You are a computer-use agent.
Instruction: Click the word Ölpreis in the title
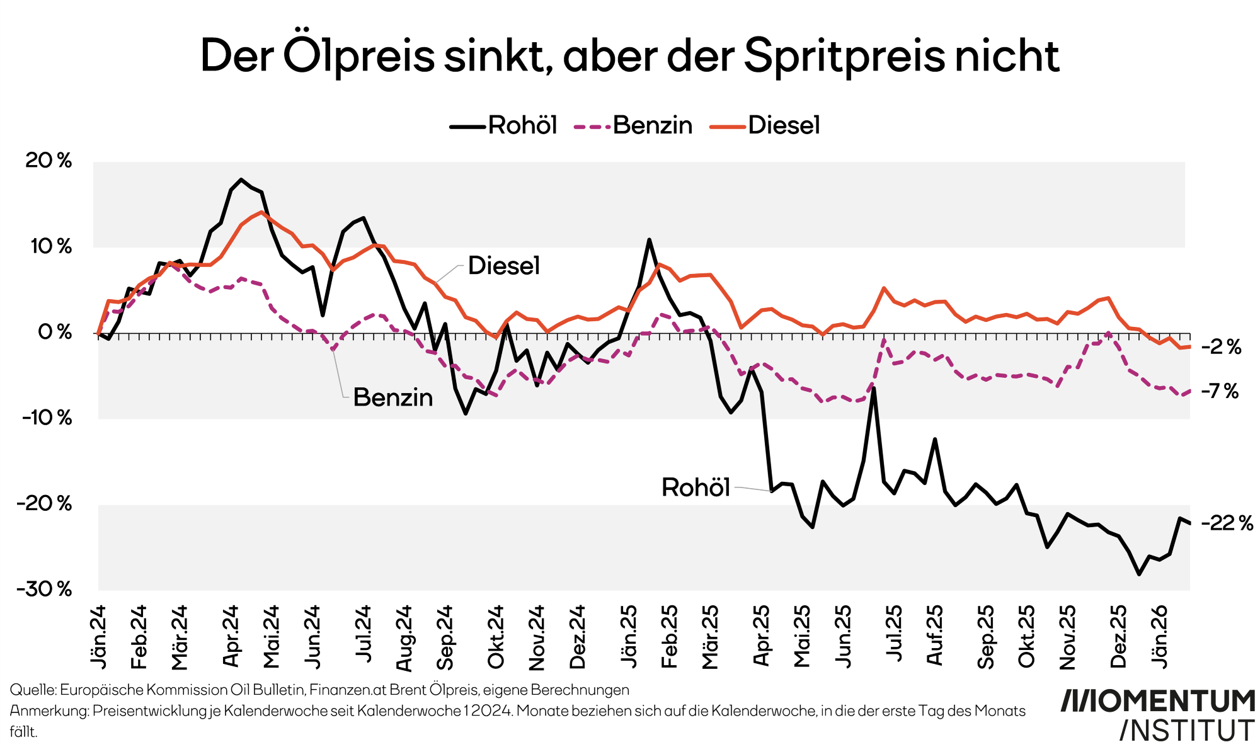click(359, 55)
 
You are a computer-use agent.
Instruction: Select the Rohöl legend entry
click(504, 125)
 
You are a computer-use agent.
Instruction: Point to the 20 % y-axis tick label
click(49, 161)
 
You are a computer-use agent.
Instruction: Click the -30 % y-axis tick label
click(45, 590)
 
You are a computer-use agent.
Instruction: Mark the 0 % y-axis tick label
click(55, 333)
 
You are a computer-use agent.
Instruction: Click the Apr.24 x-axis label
click(231, 636)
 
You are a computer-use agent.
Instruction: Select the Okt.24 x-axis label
click(496, 636)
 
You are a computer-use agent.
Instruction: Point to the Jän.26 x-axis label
click(1160, 636)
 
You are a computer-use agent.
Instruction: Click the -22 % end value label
click(1227, 523)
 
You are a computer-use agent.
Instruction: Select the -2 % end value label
click(1221, 347)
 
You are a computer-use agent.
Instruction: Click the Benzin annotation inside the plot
click(393, 397)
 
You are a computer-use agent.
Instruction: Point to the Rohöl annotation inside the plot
click(696, 488)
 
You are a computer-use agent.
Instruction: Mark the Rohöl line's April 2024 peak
click(241, 180)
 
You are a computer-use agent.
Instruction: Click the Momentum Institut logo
click(1158, 715)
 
